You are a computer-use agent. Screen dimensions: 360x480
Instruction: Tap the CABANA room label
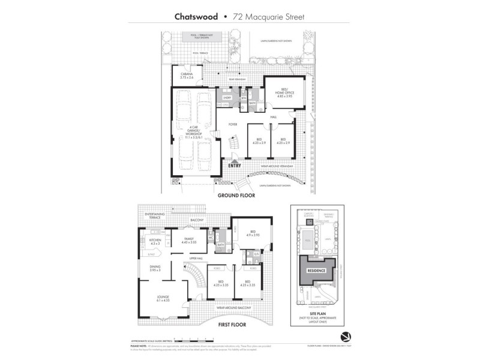(x=187, y=75)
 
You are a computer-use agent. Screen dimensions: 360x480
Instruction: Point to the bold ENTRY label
(x=235, y=165)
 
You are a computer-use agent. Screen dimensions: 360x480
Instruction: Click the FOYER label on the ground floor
(x=232, y=124)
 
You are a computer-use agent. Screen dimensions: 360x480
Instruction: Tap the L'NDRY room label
(x=227, y=97)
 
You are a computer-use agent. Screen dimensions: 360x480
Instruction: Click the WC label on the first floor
(x=211, y=236)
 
